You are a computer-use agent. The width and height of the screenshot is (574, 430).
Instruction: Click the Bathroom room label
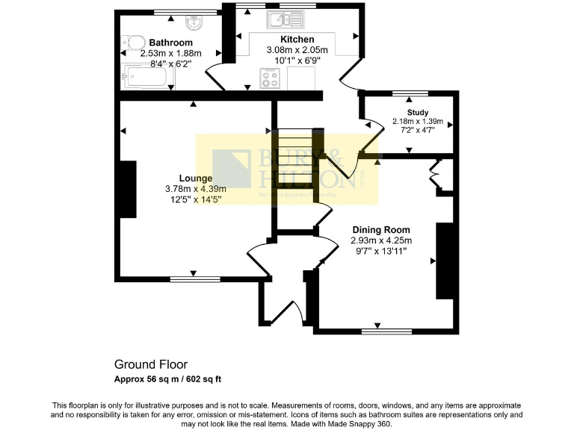coord(170,43)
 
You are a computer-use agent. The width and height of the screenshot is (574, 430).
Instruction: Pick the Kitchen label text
coord(297,39)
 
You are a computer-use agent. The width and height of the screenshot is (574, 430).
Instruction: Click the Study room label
coord(418,112)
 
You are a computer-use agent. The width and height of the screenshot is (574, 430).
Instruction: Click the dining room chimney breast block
coord(446,260)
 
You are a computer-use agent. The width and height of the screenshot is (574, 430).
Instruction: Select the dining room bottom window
coord(386,329)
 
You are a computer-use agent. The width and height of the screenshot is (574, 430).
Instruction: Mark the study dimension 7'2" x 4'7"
coord(418,131)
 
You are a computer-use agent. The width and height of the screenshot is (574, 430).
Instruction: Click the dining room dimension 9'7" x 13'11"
coord(381,251)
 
